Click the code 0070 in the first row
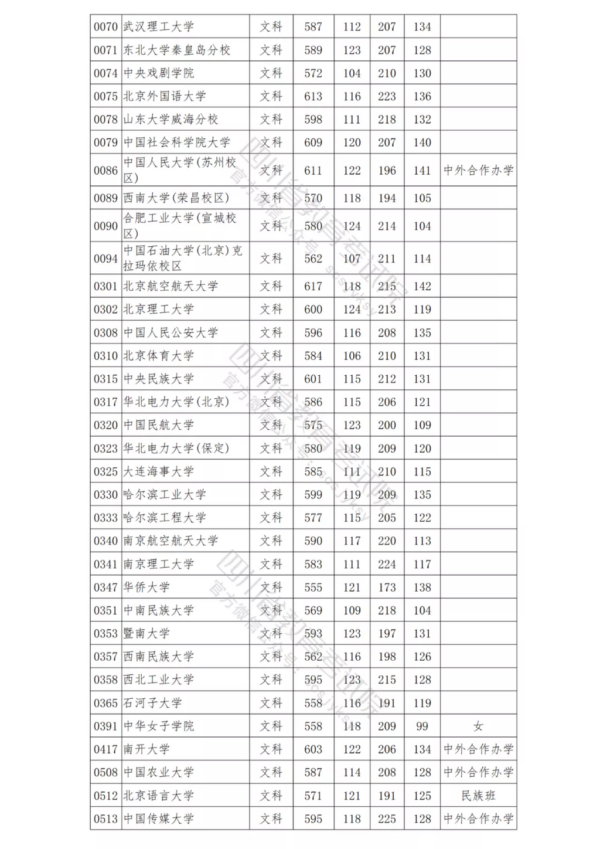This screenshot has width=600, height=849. pyautogui.click(x=105, y=27)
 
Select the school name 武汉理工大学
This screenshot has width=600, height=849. pyautogui.click(x=158, y=27)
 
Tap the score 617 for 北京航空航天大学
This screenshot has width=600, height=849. pyautogui.click(x=313, y=286)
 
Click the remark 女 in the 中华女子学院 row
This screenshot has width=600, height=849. pyautogui.click(x=478, y=726)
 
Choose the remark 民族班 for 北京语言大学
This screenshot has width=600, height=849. pyautogui.click(x=478, y=796)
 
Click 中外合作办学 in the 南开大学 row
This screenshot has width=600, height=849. pyautogui.click(x=478, y=749)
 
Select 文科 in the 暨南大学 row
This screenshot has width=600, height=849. pyautogui.click(x=271, y=633)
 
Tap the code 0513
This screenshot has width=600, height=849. pyautogui.click(x=105, y=819)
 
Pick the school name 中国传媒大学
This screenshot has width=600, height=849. pyautogui.click(x=158, y=819)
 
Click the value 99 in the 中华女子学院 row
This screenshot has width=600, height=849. pyautogui.click(x=422, y=726)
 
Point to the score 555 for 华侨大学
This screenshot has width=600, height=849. pyautogui.click(x=313, y=587)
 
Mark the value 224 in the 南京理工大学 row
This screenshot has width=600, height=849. pyautogui.click(x=387, y=564)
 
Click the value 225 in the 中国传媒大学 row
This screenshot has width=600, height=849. pyautogui.click(x=387, y=819)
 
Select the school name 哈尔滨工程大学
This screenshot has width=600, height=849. pyautogui.click(x=165, y=518)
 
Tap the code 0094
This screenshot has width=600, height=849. pyautogui.click(x=105, y=259)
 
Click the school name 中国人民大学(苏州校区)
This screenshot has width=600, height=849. pyautogui.click(x=179, y=170)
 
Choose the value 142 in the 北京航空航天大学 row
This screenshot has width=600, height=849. pyautogui.click(x=422, y=286)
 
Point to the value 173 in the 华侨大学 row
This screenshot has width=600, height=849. pyautogui.click(x=387, y=587)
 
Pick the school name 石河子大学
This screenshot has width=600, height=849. pyautogui.click(x=152, y=703)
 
